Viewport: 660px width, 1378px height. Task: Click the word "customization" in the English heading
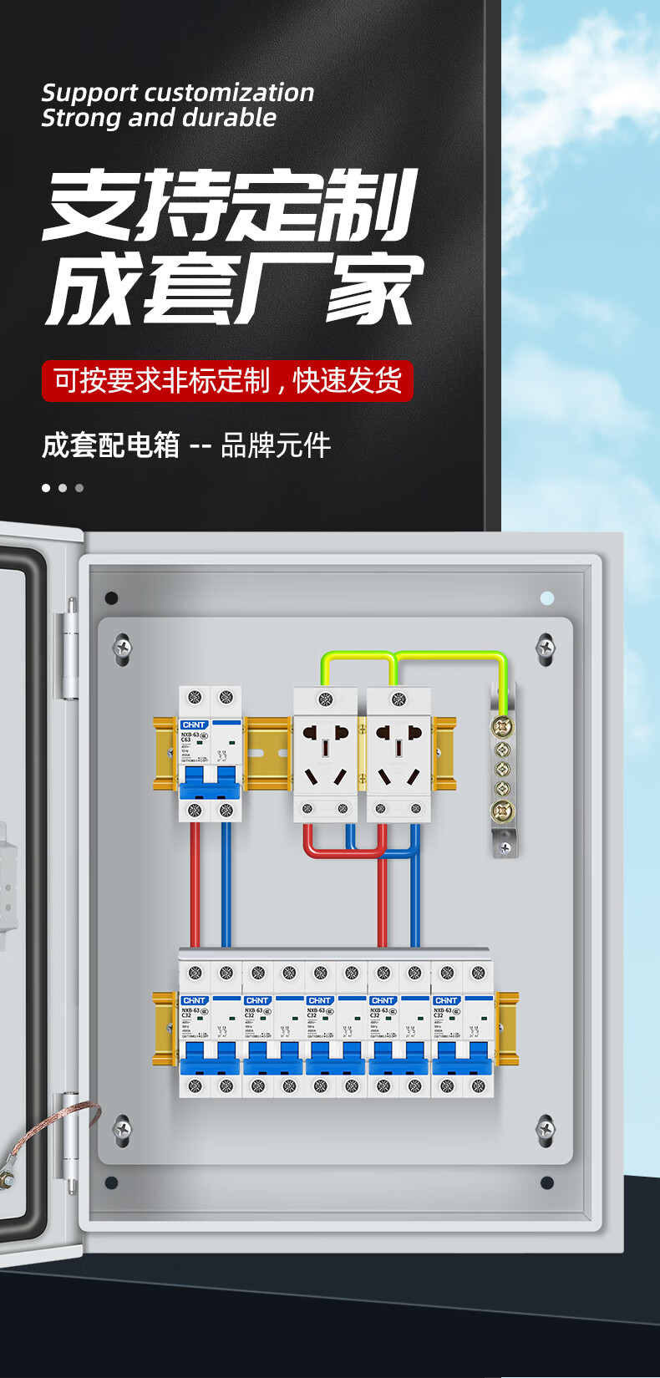[x=230, y=92]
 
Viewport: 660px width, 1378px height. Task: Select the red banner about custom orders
[x=227, y=381]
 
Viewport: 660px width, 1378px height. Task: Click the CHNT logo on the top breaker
[x=194, y=725]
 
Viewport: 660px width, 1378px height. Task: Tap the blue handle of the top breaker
[x=210, y=783]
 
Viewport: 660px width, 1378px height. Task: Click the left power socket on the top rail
[x=326, y=755]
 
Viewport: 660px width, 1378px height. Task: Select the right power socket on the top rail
[x=399, y=755]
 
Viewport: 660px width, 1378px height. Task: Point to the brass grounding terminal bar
[x=502, y=769]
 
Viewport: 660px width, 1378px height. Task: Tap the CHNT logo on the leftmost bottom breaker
[x=194, y=1000]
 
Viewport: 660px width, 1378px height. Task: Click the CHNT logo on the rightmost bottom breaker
[x=446, y=1000]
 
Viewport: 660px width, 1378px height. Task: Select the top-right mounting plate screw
[x=546, y=646]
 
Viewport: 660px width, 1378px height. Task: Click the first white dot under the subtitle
[x=46, y=488]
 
